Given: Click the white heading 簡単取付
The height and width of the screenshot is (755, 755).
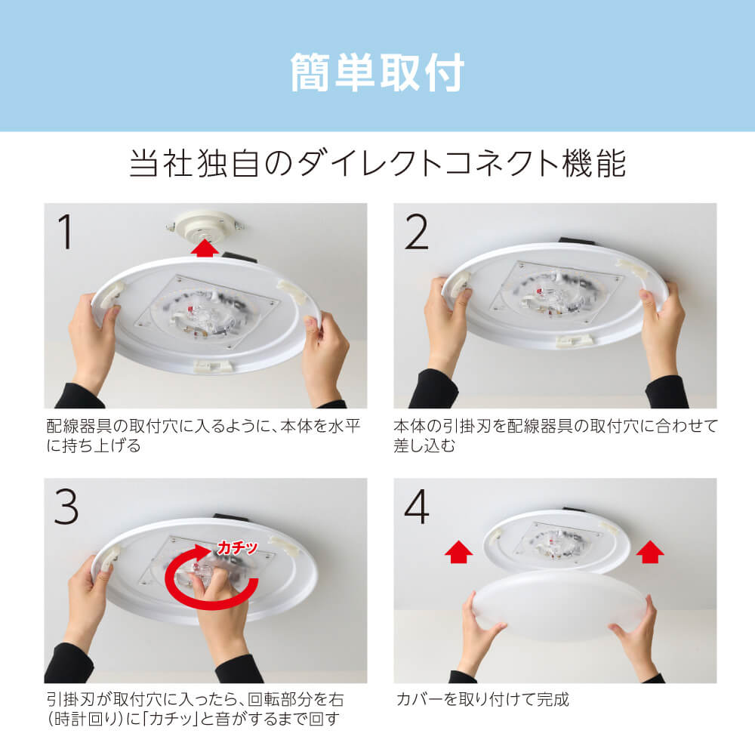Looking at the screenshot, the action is [x=377, y=72].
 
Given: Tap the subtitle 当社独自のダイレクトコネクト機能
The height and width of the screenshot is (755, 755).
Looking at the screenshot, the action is [x=378, y=164].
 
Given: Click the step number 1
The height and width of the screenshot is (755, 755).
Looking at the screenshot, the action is [x=66, y=232].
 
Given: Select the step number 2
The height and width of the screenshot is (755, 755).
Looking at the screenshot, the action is [x=417, y=232].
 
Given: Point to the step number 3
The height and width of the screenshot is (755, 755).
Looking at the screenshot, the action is [x=66, y=507].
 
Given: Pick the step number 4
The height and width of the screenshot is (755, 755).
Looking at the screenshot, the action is [x=417, y=507].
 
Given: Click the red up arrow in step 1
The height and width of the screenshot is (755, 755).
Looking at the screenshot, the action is [x=204, y=248].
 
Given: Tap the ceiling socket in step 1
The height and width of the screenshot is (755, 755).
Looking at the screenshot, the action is [x=204, y=226].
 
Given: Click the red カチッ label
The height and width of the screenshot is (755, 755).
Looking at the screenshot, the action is [x=237, y=547].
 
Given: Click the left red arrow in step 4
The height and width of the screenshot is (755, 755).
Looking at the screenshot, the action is [x=458, y=552].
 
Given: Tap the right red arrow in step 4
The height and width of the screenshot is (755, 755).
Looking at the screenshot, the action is [x=650, y=552].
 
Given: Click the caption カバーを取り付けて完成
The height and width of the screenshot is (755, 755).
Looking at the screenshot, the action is [x=482, y=699].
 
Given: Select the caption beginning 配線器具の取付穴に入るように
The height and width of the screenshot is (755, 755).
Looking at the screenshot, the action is [x=203, y=436].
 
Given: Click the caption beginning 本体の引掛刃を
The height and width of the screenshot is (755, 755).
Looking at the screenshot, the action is [x=556, y=436].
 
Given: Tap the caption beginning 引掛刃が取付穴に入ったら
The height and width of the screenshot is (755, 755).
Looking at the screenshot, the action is [x=195, y=709].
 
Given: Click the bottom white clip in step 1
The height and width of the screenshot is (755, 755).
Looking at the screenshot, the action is [x=214, y=365].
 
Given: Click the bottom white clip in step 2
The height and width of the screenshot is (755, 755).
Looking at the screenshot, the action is [x=576, y=341].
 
